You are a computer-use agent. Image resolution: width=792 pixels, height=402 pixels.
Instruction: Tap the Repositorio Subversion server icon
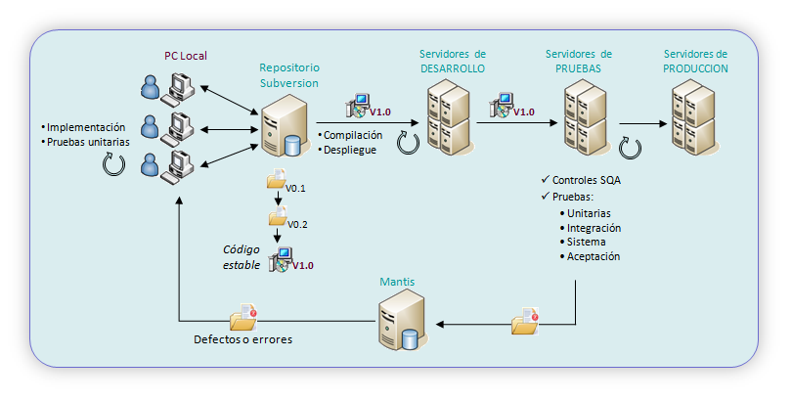pos(280,128)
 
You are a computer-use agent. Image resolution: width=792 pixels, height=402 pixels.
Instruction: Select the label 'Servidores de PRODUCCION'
pos(695,61)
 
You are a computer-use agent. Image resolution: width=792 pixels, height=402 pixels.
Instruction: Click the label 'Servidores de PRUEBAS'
pos(579,61)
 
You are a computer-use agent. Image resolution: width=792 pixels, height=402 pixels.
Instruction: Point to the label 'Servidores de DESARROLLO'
pos(453,61)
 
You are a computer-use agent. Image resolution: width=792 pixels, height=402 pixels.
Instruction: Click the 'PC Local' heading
pos(185,56)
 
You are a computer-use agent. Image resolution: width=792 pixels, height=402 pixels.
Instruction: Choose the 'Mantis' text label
pos(397,282)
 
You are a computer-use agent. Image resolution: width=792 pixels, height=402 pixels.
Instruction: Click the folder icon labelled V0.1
pos(275,183)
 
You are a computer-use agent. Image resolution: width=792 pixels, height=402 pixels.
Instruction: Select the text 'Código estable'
pos(242,256)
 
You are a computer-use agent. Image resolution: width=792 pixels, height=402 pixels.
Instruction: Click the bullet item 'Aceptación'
pos(594,256)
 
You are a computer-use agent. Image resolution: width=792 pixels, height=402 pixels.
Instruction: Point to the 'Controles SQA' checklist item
pos(586,181)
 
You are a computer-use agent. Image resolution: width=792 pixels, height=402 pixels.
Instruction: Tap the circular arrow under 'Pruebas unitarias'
pos(113,164)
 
